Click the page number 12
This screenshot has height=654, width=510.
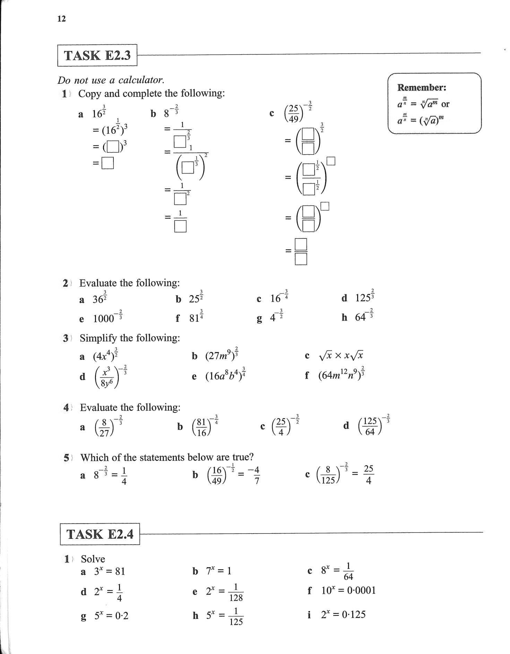(61, 19)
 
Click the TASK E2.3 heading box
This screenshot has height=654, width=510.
(97, 55)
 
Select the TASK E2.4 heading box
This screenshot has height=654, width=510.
(100, 534)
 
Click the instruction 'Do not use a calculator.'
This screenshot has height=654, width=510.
(111, 80)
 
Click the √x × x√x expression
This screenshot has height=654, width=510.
(341, 355)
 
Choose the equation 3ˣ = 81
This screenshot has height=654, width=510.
(109, 571)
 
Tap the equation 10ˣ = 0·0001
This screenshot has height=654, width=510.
(348, 591)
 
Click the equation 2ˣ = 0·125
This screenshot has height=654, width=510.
(343, 614)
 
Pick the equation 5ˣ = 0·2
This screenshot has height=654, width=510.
(111, 616)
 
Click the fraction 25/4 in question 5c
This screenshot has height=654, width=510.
(369, 475)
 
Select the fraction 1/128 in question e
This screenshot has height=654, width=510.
(236, 592)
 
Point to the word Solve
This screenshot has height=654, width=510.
(93, 559)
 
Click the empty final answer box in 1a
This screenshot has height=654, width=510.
(107, 163)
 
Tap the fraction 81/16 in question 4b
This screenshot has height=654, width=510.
(201, 427)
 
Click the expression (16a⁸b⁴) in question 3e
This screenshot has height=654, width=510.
(225, 376)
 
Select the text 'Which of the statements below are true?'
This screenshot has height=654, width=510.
(167, 457)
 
